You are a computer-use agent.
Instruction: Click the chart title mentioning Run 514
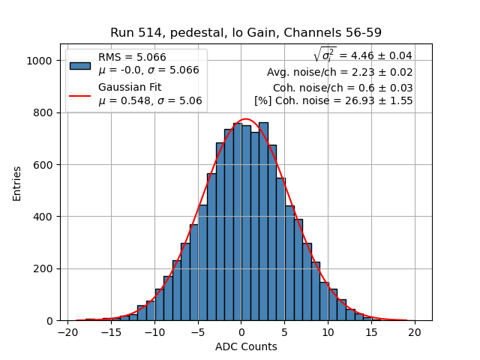(246, 33)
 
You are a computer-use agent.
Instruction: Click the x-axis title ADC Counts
(246, 346)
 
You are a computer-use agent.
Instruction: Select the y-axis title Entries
(17, 182)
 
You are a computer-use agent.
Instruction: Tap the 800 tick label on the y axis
(44, 112)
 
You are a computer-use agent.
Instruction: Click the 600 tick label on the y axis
(44, 165)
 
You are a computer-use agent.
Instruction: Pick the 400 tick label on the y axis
(44, 217)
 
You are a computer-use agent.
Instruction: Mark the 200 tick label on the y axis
(44, 268)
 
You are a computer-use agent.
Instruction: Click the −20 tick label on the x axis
(67, 331)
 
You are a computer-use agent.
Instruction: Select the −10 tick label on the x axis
(154, 331)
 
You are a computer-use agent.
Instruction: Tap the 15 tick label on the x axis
(371, 331)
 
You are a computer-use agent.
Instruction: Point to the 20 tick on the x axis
(415, 331)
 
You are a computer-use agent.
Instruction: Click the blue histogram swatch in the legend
(80, 64)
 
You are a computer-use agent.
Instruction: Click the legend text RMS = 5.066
(132, 58)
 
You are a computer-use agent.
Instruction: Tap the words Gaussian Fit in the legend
(129, 88)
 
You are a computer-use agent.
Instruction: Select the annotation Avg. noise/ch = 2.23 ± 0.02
(340, 73)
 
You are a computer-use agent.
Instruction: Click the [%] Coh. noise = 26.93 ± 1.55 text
(334, 101)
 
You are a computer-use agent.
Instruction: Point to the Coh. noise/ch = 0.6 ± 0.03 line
(343, 88)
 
